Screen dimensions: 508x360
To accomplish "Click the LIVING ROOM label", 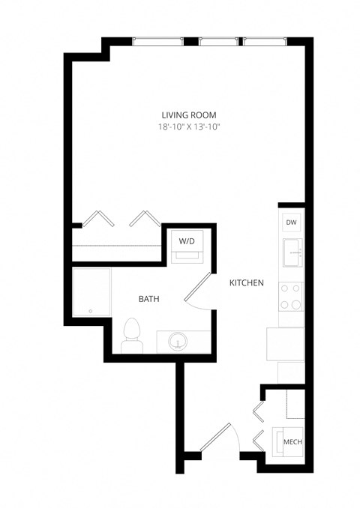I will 189,115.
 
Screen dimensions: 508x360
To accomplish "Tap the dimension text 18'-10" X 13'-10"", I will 189,127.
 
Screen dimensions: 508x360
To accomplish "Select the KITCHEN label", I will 246,282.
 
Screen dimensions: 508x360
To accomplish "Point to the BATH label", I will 148,299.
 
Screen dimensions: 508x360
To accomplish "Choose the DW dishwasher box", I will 292,223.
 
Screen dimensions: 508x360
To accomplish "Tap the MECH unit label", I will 292,443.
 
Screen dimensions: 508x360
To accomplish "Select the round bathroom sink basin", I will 178,342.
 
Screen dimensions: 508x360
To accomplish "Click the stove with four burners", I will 291,296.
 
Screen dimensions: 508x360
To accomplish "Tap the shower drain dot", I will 89,311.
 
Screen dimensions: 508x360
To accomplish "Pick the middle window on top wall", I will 219,42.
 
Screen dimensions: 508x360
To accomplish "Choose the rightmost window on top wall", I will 265,42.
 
